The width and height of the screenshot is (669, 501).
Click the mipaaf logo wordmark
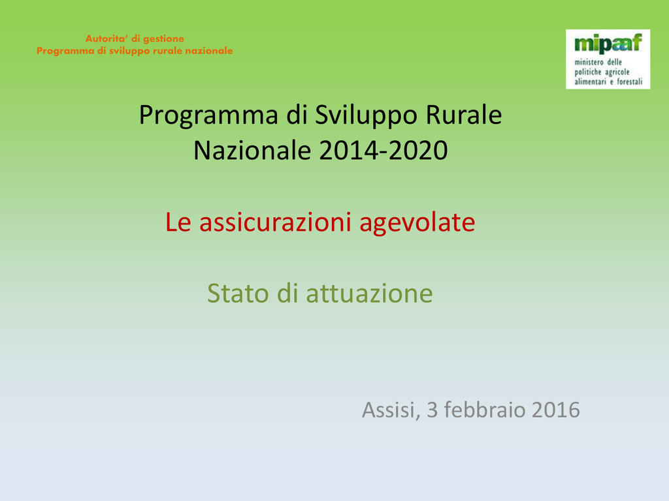point(608,44)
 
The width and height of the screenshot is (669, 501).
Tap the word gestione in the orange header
point(164,39)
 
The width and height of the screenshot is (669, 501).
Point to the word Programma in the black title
point(208,116)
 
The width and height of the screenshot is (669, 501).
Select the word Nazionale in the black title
point(252,151)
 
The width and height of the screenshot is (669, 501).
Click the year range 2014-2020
point(383,151)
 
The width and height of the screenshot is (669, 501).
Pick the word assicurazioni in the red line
point(275,222)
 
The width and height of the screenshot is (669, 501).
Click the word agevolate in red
point(417,223)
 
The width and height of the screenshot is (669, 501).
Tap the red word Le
point(178,222)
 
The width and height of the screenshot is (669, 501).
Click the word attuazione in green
point(370,293)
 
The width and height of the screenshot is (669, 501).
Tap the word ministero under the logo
point(589,62)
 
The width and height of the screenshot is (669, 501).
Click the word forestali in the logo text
point(629,82)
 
